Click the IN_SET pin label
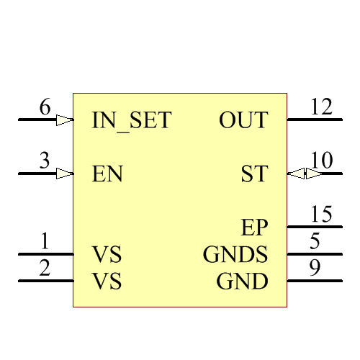(132, 120)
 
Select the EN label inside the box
(107, 174)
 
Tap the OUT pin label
(243, 120)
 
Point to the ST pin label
(254, 174)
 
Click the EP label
(254, 228)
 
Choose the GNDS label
(235, 255)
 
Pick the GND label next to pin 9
(243, 282)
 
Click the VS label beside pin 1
(107, 255)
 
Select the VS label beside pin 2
(107, 282)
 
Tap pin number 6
(45, 108)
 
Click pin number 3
(45, 162)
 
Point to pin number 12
(321, 107)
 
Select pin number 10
(321, 161)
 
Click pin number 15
(321, 215)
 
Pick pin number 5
(315, 242)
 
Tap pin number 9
(315, 269)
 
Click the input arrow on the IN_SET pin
(65, 120)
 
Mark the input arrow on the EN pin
(65, 174)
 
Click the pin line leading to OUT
(315, 120)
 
